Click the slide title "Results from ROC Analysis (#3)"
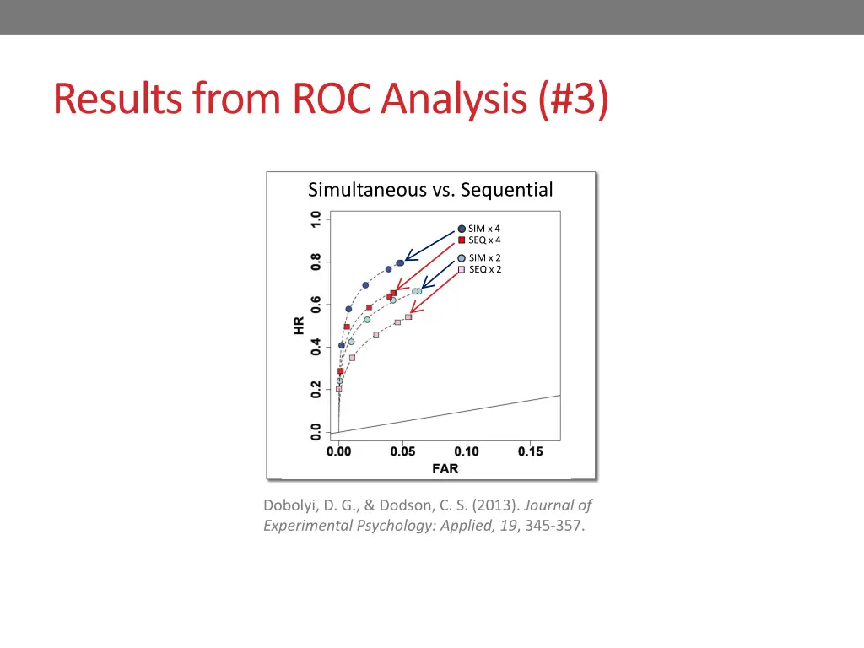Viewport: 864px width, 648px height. click(330, 100)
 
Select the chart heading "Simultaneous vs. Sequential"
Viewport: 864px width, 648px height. click(430, 190)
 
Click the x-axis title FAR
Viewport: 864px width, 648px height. click(445, 469)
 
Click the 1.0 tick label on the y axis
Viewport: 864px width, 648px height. click(316, 219)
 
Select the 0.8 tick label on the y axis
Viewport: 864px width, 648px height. click(316, 262)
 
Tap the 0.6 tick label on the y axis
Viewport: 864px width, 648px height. click(316, 304)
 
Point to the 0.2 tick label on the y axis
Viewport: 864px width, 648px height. click(316, 390)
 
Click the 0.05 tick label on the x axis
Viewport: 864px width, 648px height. click(402, 451)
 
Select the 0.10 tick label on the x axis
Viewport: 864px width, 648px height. click(467, 451)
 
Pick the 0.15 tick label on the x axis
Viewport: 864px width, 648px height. click(531, 451)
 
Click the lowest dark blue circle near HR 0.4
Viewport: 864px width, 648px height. click(342, 345)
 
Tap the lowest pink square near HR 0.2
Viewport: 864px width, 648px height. click(339, 389)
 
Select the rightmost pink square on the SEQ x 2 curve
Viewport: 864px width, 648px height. click(408, 317)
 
